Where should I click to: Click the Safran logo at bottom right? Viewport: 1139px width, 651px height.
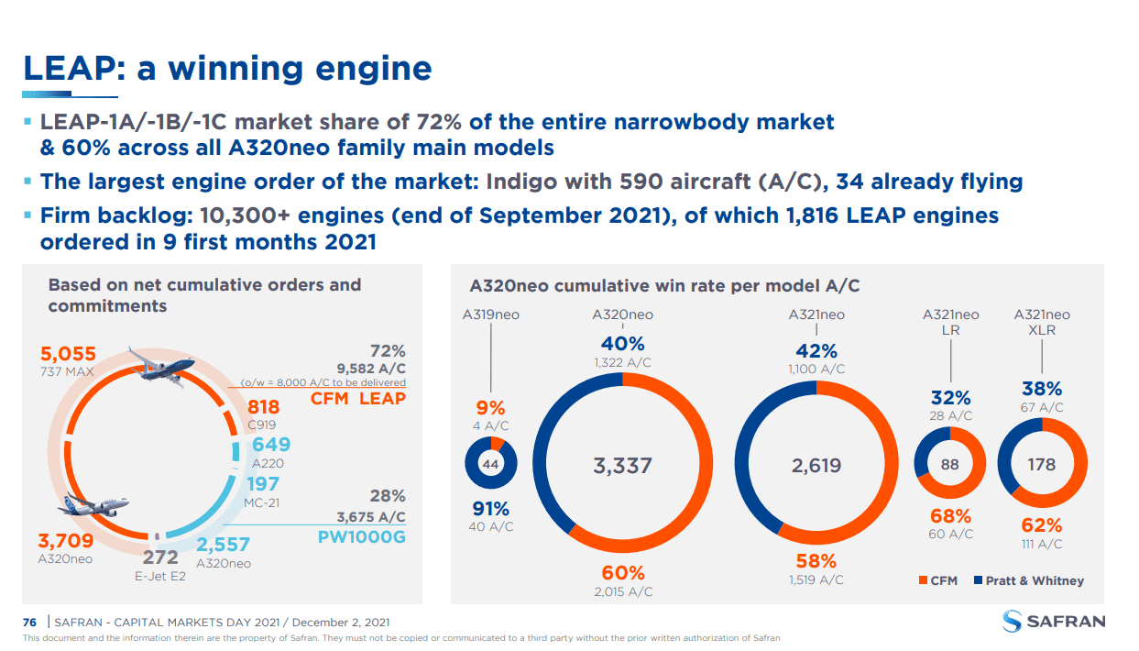click(x=1054, y=621)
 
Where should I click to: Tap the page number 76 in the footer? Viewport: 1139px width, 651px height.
click(x=29, y=623)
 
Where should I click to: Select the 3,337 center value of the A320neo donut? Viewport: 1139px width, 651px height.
click(x=622, y=465)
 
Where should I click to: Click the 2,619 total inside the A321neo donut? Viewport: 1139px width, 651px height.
click(x=816, y=465)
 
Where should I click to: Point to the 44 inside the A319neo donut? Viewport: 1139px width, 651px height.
click(x=490, y=464)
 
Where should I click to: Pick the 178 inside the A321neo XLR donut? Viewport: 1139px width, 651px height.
click(x=1042, y=464)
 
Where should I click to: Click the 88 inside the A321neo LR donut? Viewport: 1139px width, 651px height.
click(x=949, y=464)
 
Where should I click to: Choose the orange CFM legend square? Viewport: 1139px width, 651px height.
click(x=923, y=580)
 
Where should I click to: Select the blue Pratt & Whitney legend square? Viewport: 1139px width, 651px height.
click(x=978, y=580)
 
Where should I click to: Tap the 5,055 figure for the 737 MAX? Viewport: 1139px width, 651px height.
click(x=68, y=354)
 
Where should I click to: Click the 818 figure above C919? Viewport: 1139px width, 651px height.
click(x=263, y=407)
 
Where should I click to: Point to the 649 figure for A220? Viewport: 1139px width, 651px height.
click(x=271, y=445)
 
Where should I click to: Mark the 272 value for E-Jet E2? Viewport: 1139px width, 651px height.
click(x=160, y=557)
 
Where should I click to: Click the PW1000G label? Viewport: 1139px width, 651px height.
click(x=362, y=537)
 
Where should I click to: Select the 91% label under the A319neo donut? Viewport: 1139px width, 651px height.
click(x=490, y=509)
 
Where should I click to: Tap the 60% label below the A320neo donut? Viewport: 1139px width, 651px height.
click(x=623, y=573)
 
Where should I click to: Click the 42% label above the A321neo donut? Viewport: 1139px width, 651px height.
click(x=816, y=350)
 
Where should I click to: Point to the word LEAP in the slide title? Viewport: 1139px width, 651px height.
click(x=70, y=68)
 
